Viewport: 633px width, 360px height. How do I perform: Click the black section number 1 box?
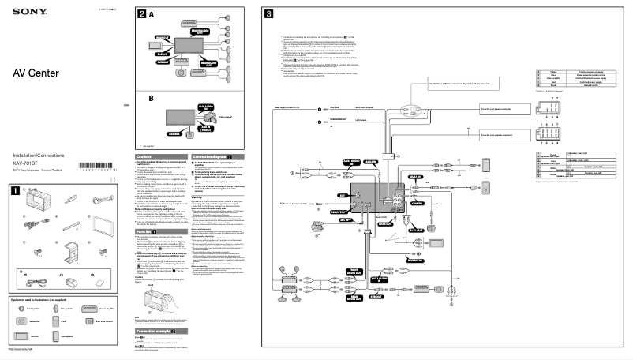[14, 189]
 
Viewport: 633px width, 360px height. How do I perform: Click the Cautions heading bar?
[155, 156]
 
